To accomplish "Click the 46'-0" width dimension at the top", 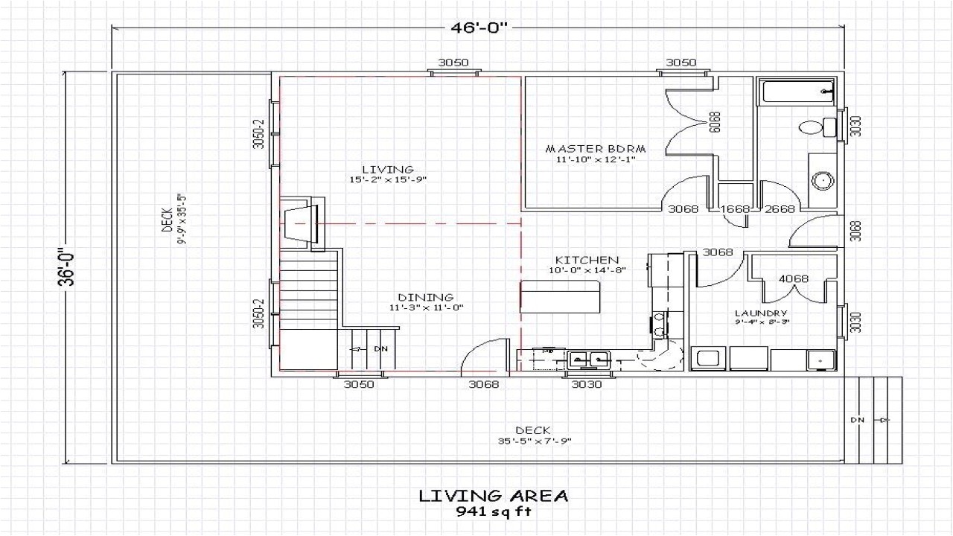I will tap(479, 28).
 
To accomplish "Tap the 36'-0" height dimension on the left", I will tap(68, 267).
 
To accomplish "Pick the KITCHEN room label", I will tap(587, 260).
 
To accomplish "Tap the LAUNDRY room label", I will tap(760, 313).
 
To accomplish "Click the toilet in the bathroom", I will tap(811, 127).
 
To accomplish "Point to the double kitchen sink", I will tap(589, 360).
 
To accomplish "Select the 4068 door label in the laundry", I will tap(794, 279).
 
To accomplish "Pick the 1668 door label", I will tap(734, 209).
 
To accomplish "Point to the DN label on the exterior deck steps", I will tap(858, 421).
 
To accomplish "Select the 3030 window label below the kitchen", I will tap(586, 384).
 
